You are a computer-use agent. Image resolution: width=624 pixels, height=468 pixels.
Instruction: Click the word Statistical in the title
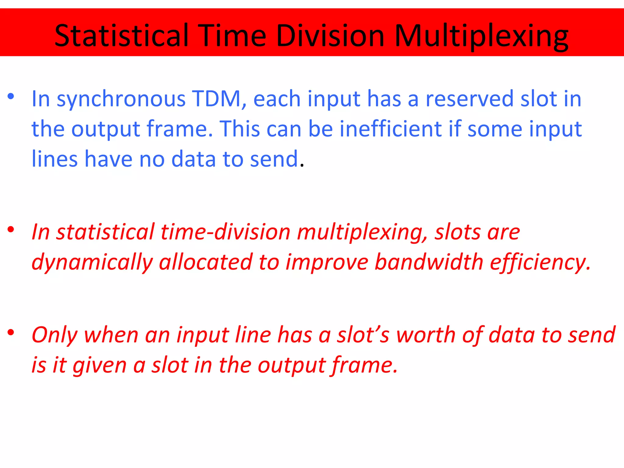click(121, 36)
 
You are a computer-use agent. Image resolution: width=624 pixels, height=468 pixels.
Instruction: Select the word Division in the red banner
click(330, 36)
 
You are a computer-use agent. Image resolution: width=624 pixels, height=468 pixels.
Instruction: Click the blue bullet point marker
click(11, 97)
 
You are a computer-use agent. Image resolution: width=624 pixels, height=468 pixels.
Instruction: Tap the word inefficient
click(391, 129)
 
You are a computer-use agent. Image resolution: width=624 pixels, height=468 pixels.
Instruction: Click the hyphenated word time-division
click(225, 232)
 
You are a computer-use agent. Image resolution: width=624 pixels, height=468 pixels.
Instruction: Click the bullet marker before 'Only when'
click(11, 332)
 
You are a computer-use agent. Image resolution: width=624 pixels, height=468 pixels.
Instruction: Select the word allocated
click(206, 262)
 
